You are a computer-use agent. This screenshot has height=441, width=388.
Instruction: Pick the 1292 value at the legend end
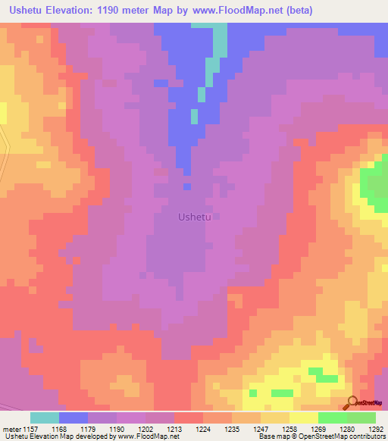coord(376,428)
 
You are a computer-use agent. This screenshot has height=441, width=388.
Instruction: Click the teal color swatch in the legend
coord(45,418)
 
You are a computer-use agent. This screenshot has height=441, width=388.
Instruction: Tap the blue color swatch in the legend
coord(74,418)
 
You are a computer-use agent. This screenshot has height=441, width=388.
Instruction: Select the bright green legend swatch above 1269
coord(332,418)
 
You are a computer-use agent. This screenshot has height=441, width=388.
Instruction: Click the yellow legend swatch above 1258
coord(303,418)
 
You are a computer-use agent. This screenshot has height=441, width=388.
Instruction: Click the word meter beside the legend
coord(13,428)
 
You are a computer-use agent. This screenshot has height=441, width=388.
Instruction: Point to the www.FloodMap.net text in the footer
coord(145,436)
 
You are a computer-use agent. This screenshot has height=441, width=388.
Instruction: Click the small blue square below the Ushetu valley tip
coord(186,186)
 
